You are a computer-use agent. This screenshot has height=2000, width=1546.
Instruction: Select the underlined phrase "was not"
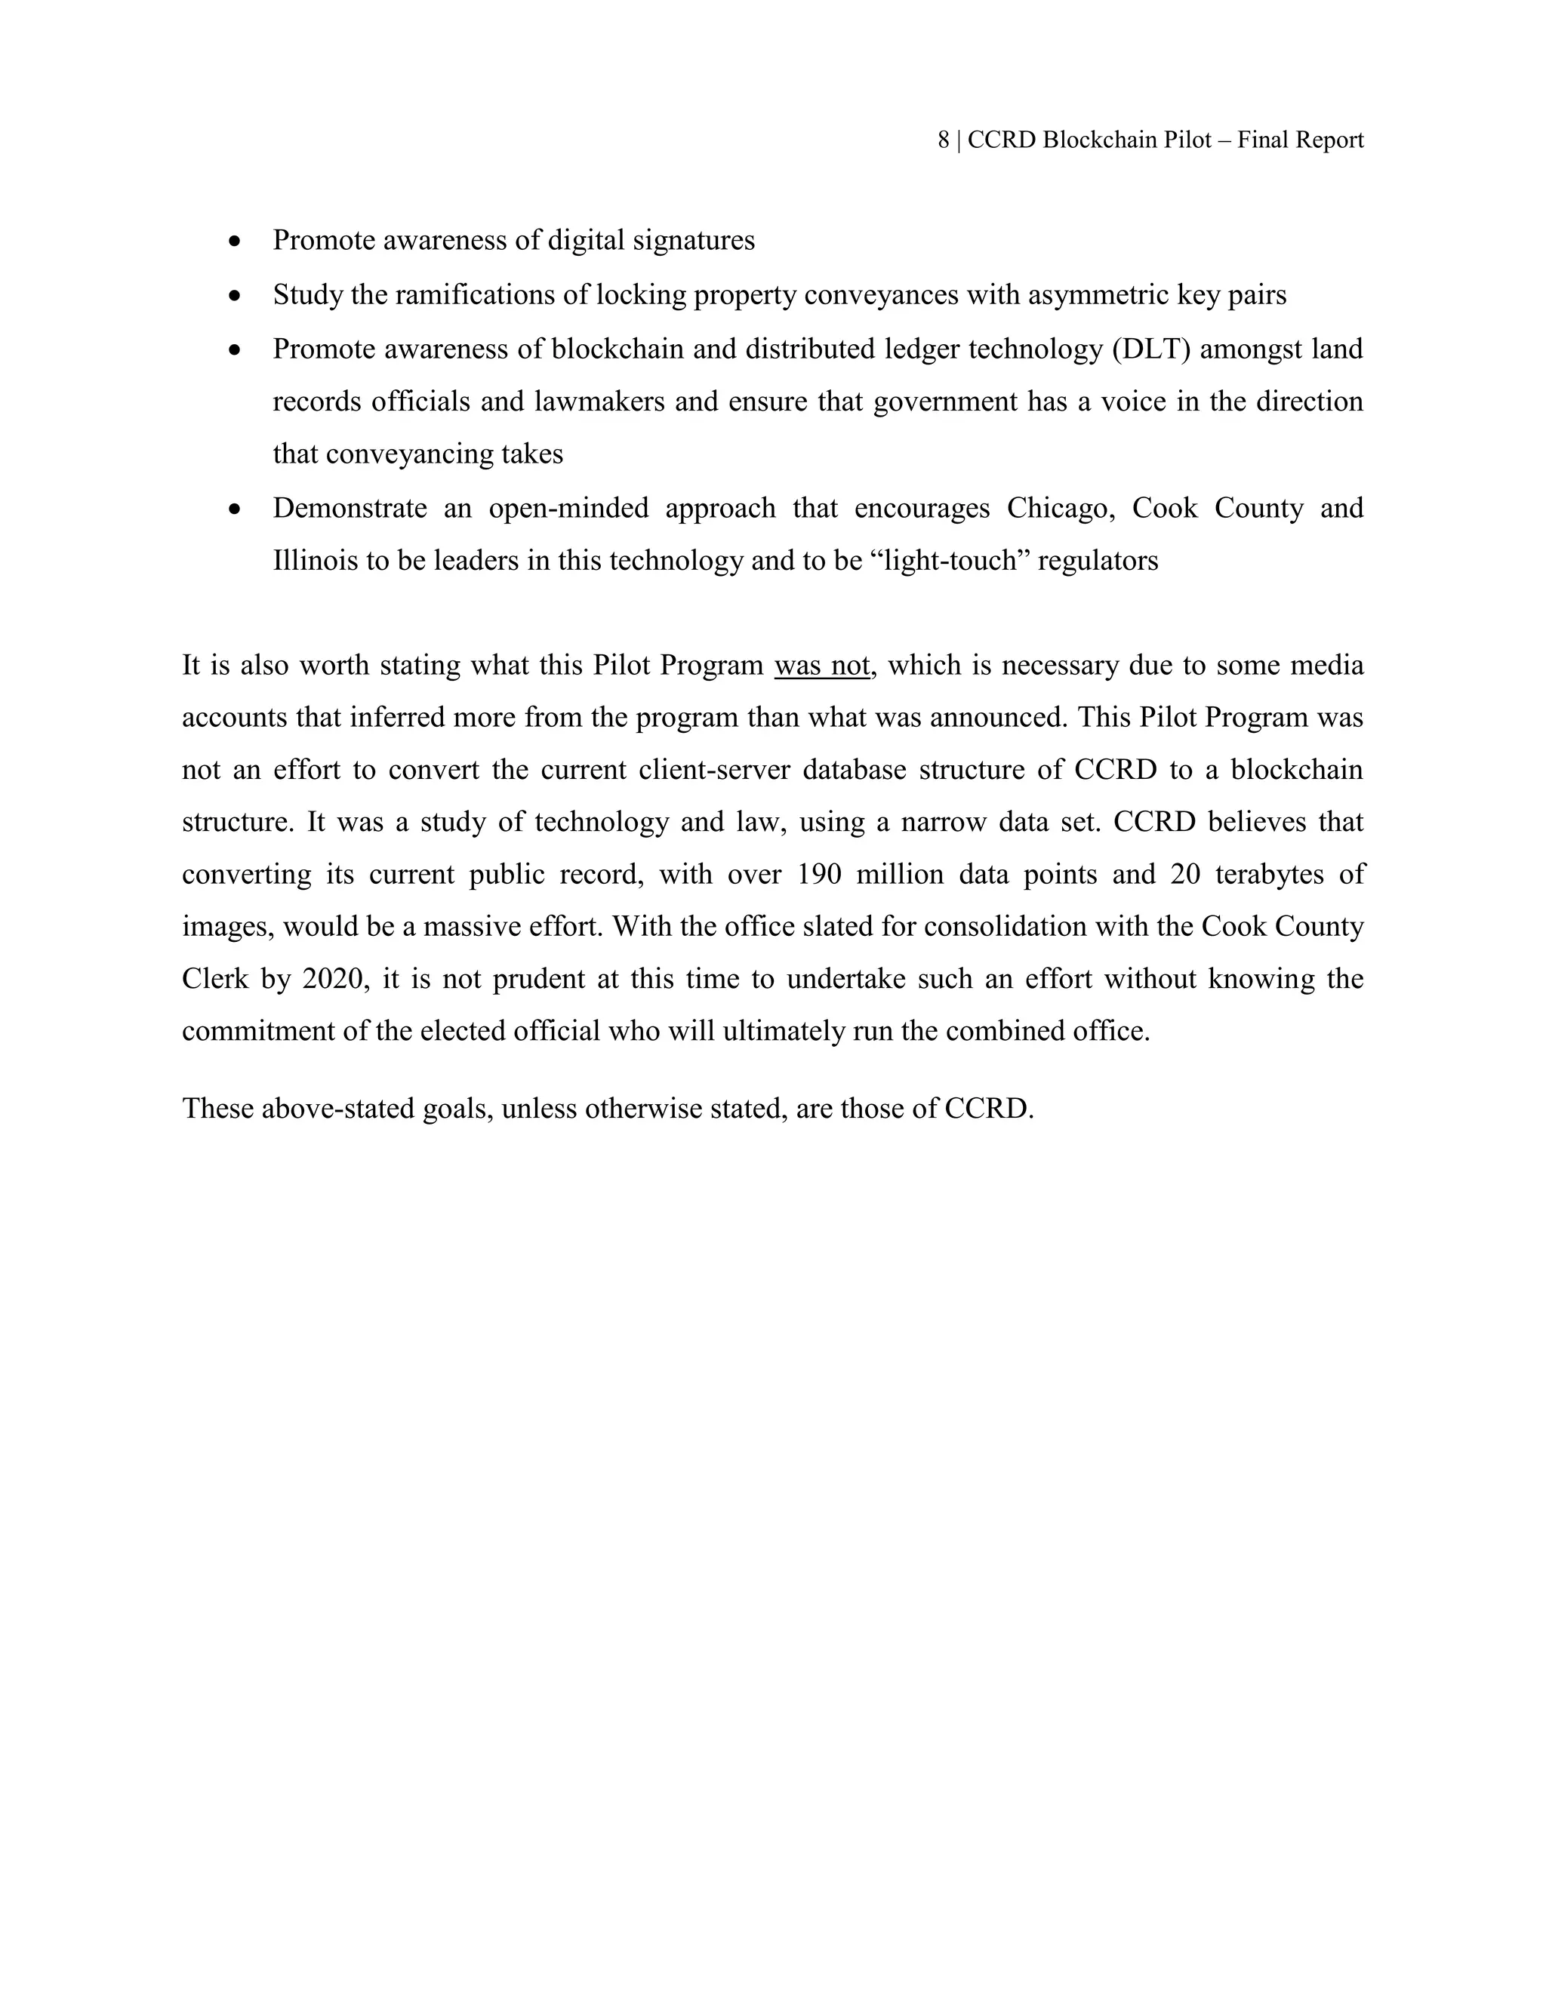tap(821, 665)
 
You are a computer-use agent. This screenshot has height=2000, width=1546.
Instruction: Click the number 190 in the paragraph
tap(818, 875)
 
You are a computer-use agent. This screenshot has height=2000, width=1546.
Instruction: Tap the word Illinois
tap(315, 561)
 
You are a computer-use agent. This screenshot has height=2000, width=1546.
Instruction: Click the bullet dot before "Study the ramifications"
tap(236, 296)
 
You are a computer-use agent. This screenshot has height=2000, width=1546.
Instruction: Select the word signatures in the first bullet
tap(696, 241)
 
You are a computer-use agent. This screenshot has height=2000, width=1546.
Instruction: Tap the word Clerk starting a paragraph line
tap(215, 979)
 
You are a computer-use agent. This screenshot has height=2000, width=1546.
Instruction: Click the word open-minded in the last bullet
tap(568, 508)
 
